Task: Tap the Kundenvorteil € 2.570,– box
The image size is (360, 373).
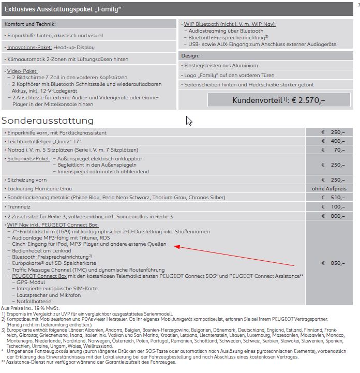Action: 267,100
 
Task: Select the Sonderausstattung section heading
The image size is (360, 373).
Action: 48,121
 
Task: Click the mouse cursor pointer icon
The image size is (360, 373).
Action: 189,121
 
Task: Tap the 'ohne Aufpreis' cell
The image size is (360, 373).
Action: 329,188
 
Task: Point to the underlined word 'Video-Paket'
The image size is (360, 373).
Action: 22,71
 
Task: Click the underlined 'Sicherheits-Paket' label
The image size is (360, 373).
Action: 28,159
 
